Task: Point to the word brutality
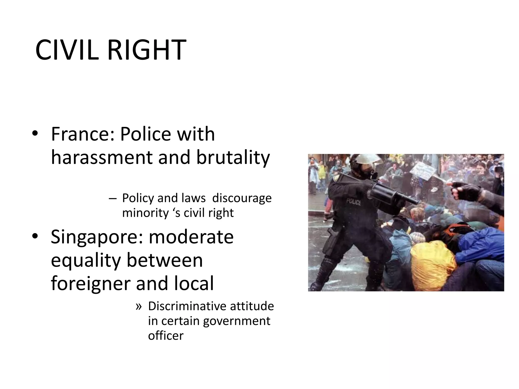tap(233, 158)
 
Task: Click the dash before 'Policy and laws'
tap(112, 198)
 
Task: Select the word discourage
tap(242, 198)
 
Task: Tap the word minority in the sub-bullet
tap(145, 213)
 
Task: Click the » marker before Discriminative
tap(138, 306)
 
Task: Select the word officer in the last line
tap(166, 336)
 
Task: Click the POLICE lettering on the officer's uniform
tap(354, 202)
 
